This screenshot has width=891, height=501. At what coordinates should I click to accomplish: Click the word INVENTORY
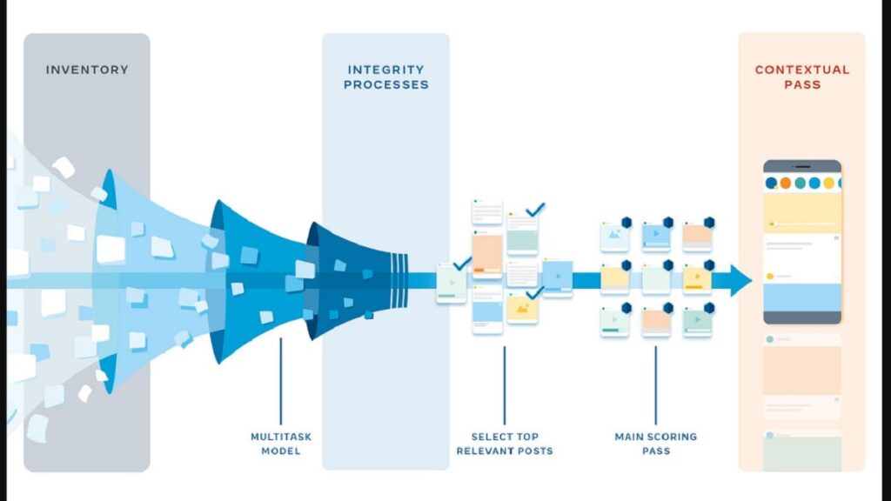pyautogui.click(x=86, y=70)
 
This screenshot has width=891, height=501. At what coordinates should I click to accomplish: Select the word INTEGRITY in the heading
pyautogui.click(x=385, y=70)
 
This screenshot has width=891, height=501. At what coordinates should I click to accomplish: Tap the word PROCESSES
pyautogui.click(x=385, y=85)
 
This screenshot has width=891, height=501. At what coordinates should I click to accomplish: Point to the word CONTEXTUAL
pyautogui.click(x=801, y=70)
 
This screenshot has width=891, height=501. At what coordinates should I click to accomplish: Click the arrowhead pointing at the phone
pyautogui.click(x=740, y=280)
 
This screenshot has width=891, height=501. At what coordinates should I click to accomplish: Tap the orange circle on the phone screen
pyautogui.click(x=785, y=184)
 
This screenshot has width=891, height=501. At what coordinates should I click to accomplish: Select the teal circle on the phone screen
pyautogui.click(x=814, y=184)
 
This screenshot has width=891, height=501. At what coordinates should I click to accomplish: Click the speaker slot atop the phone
pyautogui.click(x=802, y=165)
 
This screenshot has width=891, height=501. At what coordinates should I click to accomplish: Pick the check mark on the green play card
pyautogui.click(x=462, y=262)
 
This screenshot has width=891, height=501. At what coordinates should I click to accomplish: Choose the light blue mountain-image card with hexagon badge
pyautogui.click(x=614, y=235)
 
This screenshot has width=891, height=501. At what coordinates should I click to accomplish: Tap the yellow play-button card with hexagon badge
pyautogui.click(x=697, y=277)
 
